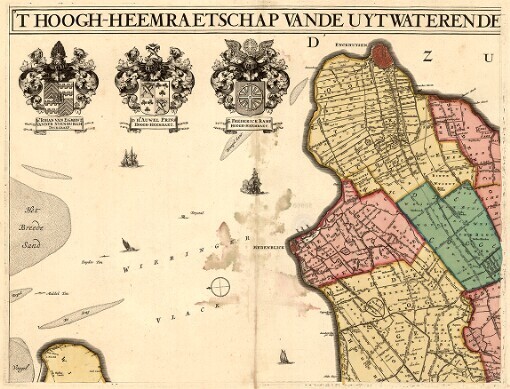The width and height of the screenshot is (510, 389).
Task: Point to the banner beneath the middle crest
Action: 155,127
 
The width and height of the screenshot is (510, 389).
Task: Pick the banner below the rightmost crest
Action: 250,127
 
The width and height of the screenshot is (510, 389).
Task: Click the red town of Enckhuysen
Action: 381,56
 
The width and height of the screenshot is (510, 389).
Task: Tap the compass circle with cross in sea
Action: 219,288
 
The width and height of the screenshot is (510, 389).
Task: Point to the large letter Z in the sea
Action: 428,56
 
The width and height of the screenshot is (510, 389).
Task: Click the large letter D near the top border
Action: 312,42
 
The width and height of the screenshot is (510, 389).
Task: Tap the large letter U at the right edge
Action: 490,57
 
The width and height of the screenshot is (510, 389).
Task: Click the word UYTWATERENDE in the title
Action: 440,19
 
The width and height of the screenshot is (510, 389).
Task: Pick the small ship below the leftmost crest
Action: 128,158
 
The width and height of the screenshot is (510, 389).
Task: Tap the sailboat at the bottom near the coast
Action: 284,356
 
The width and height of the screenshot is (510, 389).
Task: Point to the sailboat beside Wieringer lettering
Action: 125,245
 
